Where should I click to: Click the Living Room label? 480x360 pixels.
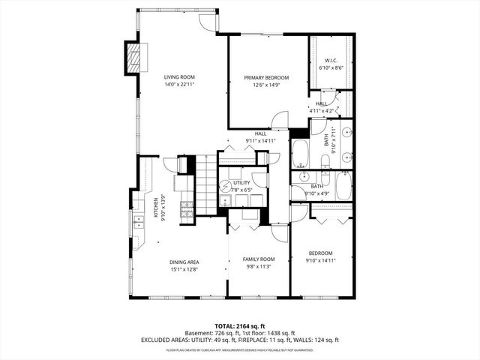179,76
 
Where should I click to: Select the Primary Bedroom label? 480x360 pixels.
265,77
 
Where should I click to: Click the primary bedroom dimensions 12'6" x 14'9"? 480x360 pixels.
265,85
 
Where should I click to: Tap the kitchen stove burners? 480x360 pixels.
186,209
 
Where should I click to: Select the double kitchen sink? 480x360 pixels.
139,221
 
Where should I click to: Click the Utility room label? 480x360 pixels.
241,182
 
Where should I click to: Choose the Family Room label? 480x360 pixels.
258,259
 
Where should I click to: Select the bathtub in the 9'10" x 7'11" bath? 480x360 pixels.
301,154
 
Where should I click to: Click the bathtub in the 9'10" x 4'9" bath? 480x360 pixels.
343,186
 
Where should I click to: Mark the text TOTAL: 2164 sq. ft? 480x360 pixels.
239,325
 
